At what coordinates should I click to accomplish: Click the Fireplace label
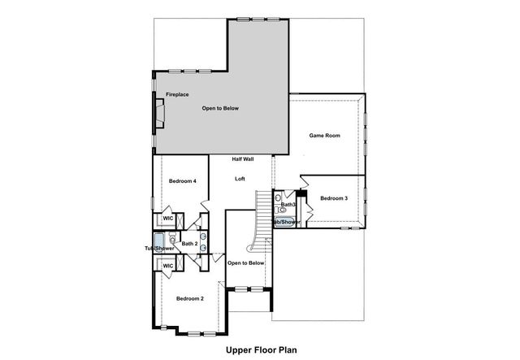click(x=178, y=95)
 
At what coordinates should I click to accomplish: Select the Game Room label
click(x=324, y=136)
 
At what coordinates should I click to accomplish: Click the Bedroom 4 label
click(x=182, y=180)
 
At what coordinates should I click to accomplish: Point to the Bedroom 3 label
click(x=334, y=198)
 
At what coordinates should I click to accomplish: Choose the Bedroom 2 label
click(x=189, y=299)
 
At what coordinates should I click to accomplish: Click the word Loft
click(x=240, y=178)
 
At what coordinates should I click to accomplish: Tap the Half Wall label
click(x=243, y=159)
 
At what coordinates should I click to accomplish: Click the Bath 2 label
click(x=189, y=243)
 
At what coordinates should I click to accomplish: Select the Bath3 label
click(x=288, y=204)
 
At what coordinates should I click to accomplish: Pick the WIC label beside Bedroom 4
click(x=168, y=219)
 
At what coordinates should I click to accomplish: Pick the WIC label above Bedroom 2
click(x=168, y=266)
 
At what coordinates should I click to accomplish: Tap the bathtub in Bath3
click(x=284, y=221)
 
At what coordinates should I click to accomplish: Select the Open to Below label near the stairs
click(x=245, y=262)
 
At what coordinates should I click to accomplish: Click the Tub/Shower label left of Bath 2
click(x=154, y=248)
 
